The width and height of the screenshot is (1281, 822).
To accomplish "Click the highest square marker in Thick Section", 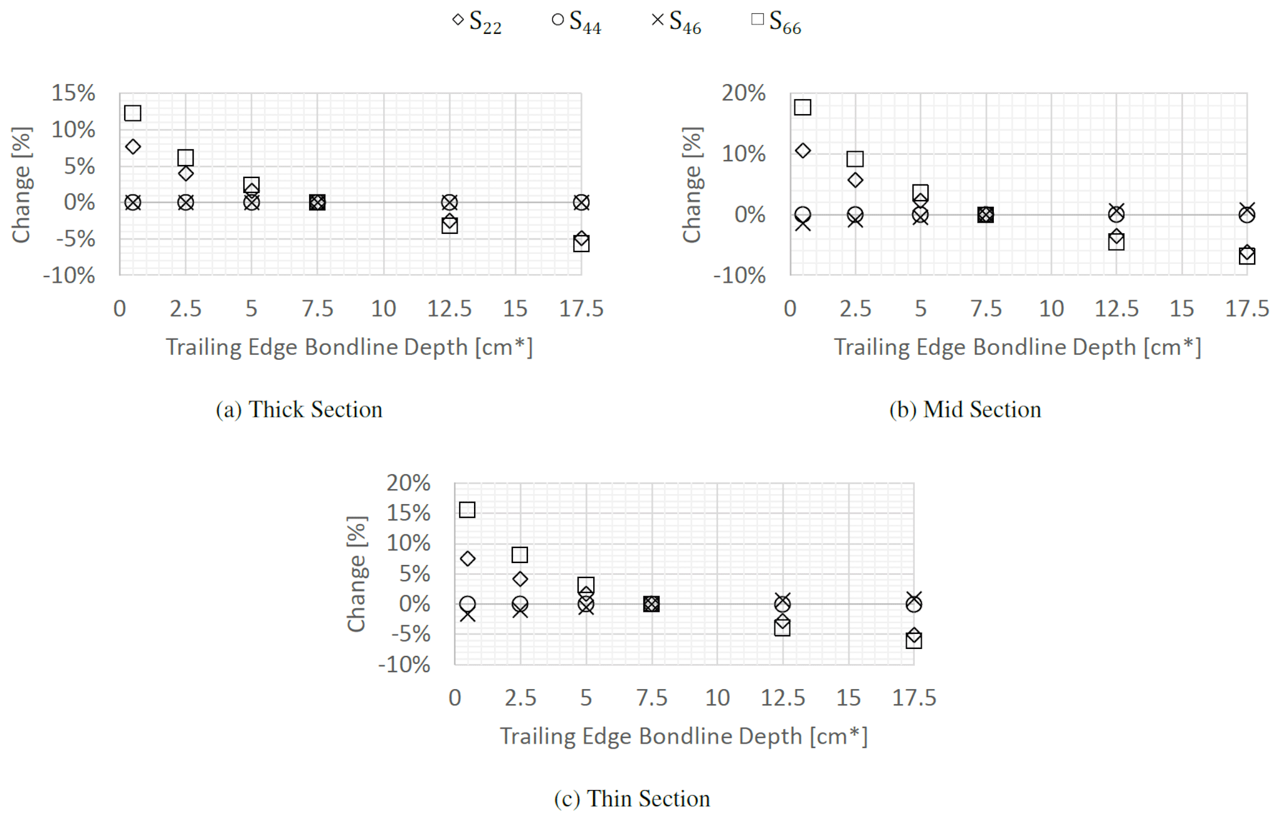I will pyautogui.click(x=132, y=113).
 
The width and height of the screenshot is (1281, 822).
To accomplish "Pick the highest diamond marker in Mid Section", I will pyautogui.click(x=803, y=150).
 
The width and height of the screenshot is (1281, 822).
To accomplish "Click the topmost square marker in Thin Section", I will pyautogui.click(x=467, y=510).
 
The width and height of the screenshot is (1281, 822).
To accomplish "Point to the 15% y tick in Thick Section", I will pyautogui.click(x=73, y=93).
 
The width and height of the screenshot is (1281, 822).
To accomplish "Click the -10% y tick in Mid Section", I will pyautogui.click(x=739, y=275).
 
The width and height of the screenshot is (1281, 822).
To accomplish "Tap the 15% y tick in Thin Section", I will pyautogui.click(x=408, y=513).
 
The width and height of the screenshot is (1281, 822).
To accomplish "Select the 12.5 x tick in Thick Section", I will pyautogui.click(x=449, y=308).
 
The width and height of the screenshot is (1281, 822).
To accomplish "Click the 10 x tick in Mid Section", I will pyautogui.click(x=1051, y=308).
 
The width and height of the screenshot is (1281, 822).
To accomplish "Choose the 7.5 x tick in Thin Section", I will pyautogui.click(x=651, y=698).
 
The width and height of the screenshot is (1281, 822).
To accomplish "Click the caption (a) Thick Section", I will pyautogui.click(x=299, y=409).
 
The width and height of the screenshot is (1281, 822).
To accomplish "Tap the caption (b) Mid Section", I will pyautogui.click(x=965, y=409).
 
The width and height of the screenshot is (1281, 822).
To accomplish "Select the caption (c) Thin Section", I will pyautogui.click(x=632, y=799).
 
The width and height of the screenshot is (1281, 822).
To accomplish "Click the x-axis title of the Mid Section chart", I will pyautogui.click(x=1017, y=347).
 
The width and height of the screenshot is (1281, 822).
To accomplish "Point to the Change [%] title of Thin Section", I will pyautogui.click(x=357, y=574).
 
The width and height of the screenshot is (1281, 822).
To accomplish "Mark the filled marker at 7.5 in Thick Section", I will pyautogui.click(x=317, y=203).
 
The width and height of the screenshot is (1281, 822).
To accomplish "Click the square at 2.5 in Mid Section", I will pyautogui.click(x=855, y=159).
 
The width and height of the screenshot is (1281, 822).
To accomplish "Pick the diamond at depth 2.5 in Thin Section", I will pyautogui.click(x=520, y=579).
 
